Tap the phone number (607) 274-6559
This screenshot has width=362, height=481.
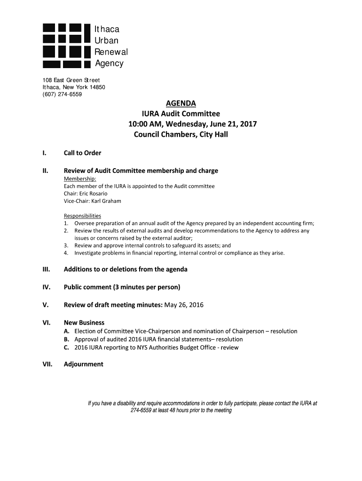tap(62, 94)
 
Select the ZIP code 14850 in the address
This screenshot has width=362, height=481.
tap(95, 87)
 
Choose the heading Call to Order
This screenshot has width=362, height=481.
tap(82, 153)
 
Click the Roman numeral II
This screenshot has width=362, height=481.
tap(45, 171)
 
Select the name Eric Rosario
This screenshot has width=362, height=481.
tap(93, 194)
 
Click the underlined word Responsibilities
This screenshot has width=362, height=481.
tap(82, 216)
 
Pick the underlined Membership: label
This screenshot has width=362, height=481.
tap(80, 179)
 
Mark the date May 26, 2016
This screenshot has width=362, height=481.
tap(183, 305)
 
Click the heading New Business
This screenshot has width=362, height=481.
tap(84, 323)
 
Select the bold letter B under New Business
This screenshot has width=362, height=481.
tap(67, 339)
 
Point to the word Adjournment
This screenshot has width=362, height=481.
tap(83, 364)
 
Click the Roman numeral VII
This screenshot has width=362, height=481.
tap(47, 364)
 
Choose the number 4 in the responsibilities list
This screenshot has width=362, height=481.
tap(66, 253)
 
